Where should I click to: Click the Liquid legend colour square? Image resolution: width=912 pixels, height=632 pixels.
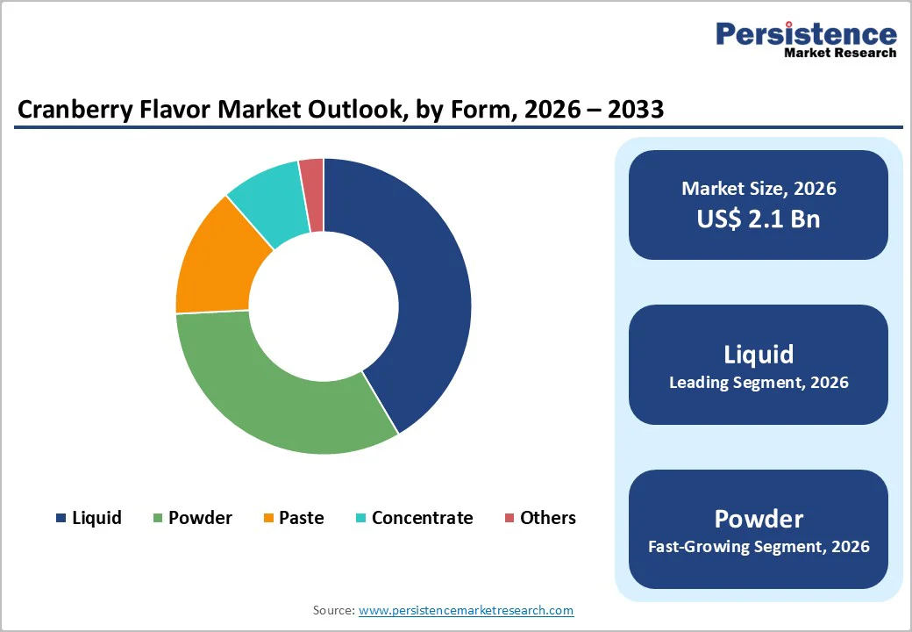click(x=61, y=519)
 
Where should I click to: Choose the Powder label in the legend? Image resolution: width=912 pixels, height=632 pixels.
click(x=200, y=518)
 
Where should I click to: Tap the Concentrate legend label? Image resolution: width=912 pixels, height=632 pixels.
click(x=422, y=518)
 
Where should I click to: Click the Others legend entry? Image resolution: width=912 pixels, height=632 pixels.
click(x=547, y=518)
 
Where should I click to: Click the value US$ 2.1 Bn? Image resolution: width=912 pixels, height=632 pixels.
click(x=759, y=219)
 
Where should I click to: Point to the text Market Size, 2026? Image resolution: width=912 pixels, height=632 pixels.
click(x=759, y=188)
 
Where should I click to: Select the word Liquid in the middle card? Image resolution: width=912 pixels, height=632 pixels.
click(x=759, y=354)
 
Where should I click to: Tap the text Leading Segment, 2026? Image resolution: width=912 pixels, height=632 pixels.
click(x=759, y=383)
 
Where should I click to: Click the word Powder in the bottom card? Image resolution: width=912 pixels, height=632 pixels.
click(x=759, y=518)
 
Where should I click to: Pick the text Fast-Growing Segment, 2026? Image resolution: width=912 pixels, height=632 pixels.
click(x=759, y=547)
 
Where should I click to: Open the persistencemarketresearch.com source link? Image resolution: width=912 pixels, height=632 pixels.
click(x=466, y=610)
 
